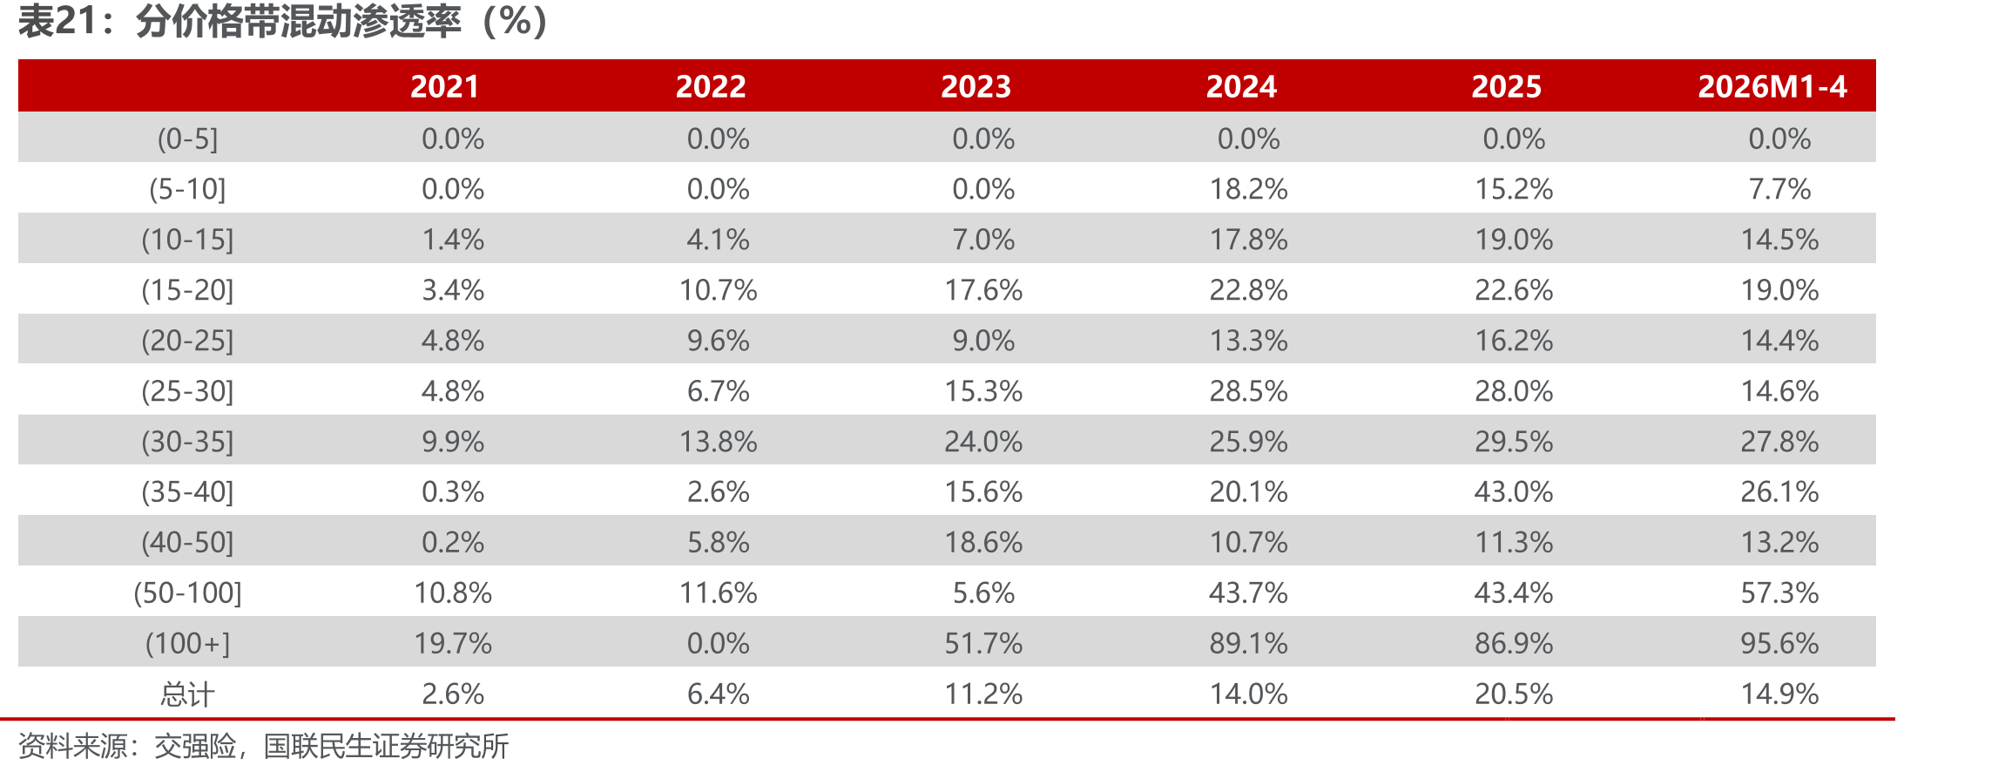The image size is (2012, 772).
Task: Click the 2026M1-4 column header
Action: pyautogui.click(x=1772, y=86)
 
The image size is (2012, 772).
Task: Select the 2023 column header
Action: pyautogui.click(x=976, y=86)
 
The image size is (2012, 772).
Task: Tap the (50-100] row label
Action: pyautogui.click(x=187, y=593)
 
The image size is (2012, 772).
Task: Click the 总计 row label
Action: pyautogui.click(x=187, y=694)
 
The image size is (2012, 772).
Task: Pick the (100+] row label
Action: pyautogui.click(x=187, y=643)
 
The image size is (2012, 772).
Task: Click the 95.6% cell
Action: pyautogui.click(x=1779, y=643)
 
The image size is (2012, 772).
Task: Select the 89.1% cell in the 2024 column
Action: pyautogui.click(x=1248, y=643)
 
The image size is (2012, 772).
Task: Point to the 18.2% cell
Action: pyautogui.click(x=1248, y=189)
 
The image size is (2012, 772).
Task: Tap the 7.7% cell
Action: pyautogui.click(x=1779, y=189)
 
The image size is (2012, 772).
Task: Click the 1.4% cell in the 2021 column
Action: pyautogui.click(x=453, y=240)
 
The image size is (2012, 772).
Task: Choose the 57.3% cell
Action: pyautogui.click(x=1779, y=593)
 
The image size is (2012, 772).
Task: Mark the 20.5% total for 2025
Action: pyautogui.click(x=1514, y=694)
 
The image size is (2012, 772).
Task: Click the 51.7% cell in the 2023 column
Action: pyautogui.click(x=983, y=643)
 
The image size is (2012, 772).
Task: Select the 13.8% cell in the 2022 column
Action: pyautogui.click(x=718, y=442)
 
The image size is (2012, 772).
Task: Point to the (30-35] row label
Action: pyautogui.click(x=187, y=442)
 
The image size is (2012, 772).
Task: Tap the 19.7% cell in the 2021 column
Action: pyautogui.click(x=453, y=643)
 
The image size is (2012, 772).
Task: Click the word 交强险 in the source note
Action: pyautogui.click(x=195, y=746)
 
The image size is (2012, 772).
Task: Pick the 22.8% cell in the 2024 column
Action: pyautogui.click(x=1248, y=290)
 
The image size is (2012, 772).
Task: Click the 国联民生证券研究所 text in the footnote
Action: pyautogui.click(x=386, y=746)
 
